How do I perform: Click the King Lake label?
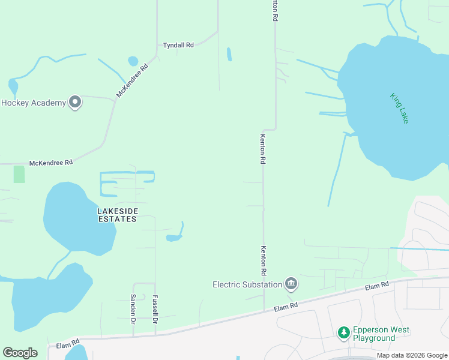click(399, 108)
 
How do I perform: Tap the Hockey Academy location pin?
click(75, 103)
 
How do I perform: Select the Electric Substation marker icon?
click(291, 283)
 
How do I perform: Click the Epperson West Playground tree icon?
click(343, 332)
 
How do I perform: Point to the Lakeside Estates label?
click(118, 215)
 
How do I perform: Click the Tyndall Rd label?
click(178, 45)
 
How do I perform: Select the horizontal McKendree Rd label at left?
click(51, 163)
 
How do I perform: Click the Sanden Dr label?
click(133, 307)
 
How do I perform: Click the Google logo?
click(20, 353)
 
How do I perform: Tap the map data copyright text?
click(411, 355)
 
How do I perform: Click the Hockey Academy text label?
click(34, 103)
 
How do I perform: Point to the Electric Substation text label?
click(247, 284)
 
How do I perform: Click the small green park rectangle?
click(19, 175)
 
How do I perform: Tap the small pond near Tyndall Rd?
click(133, 61)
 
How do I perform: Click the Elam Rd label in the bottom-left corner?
click(68, 345)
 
